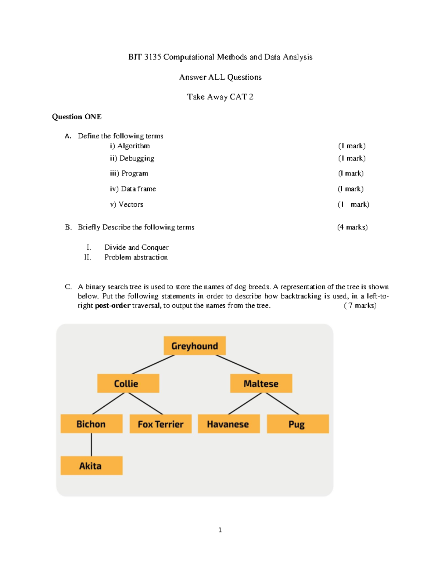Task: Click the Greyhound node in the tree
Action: (x=194, y=346)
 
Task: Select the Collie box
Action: (x=128, y=384)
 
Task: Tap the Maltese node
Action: (x=261, y=384)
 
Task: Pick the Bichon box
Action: (x=91, y=424)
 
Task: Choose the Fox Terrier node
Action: (x=161, y=424)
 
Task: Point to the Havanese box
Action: (x=228, y=424)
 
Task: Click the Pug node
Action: (x=297, y=424)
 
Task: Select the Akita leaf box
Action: (x=91, y=466)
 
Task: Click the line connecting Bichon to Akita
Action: (x=91, y=444)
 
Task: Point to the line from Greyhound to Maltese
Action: (x=238, y=364)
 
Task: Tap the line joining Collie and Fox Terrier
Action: (x=146, y=403)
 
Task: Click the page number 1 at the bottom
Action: (x=220, y=530)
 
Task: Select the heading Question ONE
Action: (x=77, y=117)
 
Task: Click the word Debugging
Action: (x=137, y=158)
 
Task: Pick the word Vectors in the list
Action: (x=131, y=204)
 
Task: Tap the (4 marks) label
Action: (x=352, y=227)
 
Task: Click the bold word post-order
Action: (x=112, y=305)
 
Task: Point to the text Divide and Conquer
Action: (x=136, y=247)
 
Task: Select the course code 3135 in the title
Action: (x=153, y=57)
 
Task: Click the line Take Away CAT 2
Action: (x=220, y=97)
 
